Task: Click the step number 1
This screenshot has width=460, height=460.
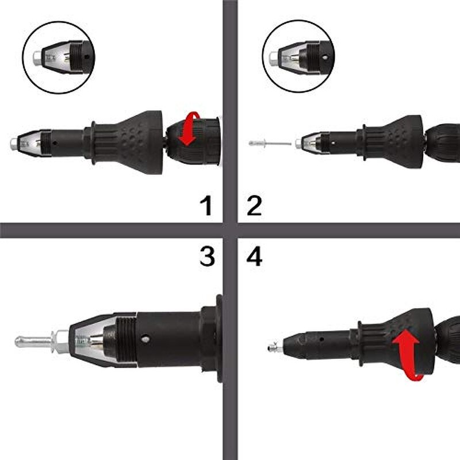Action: coord(205,206)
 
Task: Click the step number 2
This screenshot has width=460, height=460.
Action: coord(254,206)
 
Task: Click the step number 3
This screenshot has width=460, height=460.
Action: coord(206,257)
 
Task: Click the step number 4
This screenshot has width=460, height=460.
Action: coord(254,257)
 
